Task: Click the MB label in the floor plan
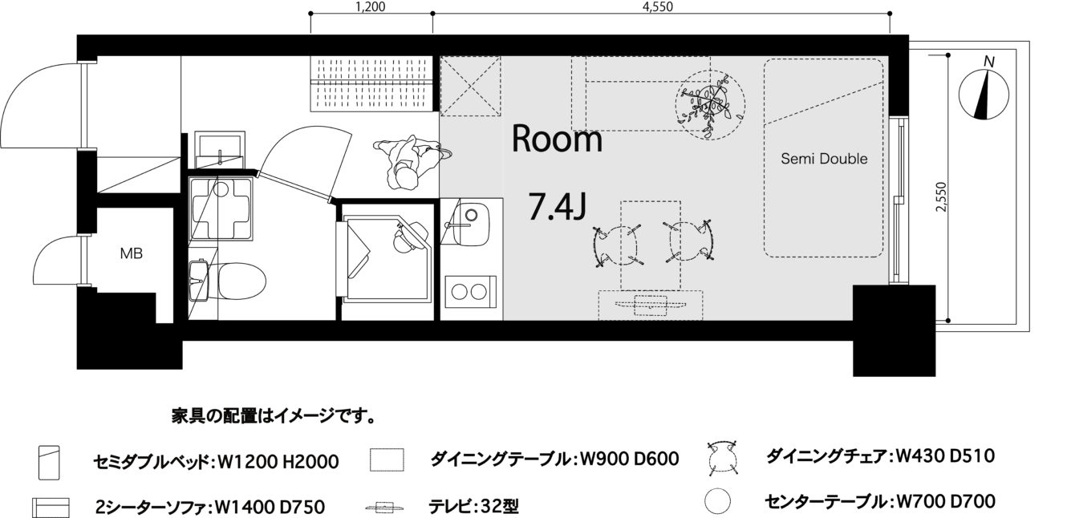(x=131, y=253)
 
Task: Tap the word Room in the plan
(x=557, y=139)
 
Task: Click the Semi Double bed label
(x=824, y=159)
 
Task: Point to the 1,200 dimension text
(x=371, y=6)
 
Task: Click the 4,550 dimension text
(x=658, y=6)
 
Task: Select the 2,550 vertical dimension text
(x=941, y=196)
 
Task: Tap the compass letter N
(x=989, y=62)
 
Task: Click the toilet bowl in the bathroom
(x=236, y=281)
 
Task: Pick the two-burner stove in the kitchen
(x=470, y=291)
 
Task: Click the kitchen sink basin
(x=470, y=223)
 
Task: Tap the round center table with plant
(x=711, y=105)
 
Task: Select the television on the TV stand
(x=650, y=305)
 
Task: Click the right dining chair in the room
(x=690, y=241)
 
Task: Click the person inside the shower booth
(x=408, y=237)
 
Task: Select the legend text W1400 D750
(x=270, y=507)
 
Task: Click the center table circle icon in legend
(x=717, y=502)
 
